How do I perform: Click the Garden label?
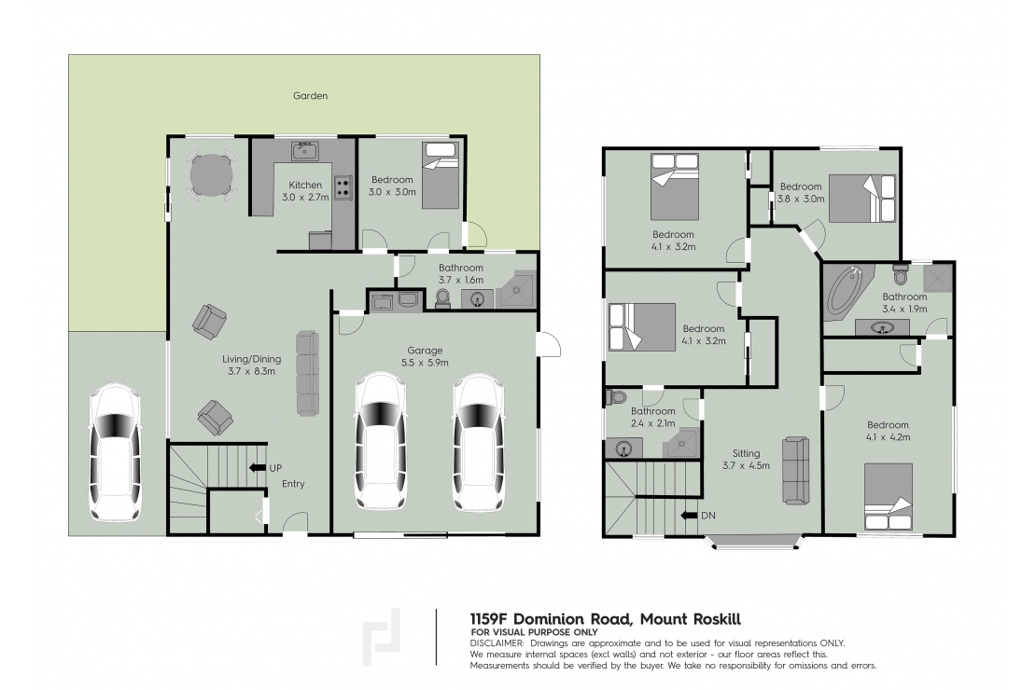(310, 95)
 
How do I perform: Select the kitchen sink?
(304, 151)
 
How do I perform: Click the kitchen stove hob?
(343, 186)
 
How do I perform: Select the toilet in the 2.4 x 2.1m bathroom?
(616, 397)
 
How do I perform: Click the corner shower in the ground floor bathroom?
(518, 291)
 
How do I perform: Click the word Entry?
(292, 484)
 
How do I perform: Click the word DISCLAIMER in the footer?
(497, 643)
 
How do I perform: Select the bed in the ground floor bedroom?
(441, 174)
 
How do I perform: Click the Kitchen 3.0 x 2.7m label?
(305, 191)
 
